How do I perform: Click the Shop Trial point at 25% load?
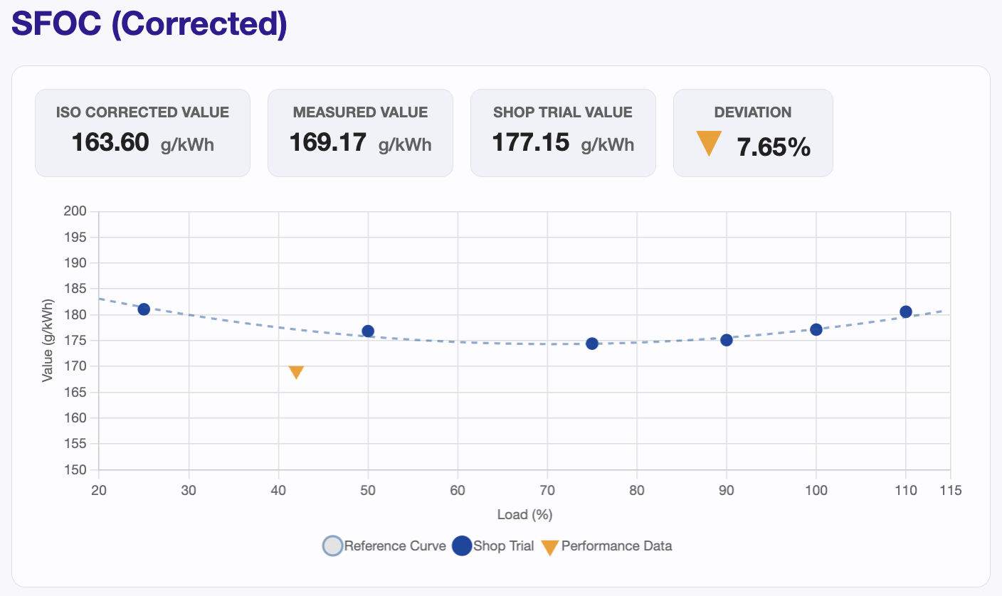click(x=144, y=309)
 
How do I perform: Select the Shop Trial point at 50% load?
click(x=368, y=331)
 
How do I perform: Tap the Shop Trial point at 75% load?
click(x=592, y=344)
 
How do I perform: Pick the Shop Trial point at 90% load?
click(x=727, y=340)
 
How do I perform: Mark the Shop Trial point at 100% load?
click(x=816, y=329)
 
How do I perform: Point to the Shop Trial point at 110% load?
click(x=906, y=312)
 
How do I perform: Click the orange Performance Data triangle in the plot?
click(x=296, y=372)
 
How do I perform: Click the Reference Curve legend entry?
click(x=384, y=546)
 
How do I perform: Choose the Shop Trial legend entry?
click(x=492, y=546)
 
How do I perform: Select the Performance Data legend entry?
click(x=606, y=546)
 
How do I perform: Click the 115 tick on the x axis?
click(x=950, y=491)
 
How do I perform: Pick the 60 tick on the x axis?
click(x=458, y=491)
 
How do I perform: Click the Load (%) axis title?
click(x=524, y=514)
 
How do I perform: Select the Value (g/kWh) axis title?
click(x=48, y=341)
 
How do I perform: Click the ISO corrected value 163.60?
click(x=110, y=143)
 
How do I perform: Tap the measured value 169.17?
click(x=327, y=143)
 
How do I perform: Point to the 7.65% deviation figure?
click(x=774, y=147)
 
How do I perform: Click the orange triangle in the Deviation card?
click(x=709, y=143)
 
